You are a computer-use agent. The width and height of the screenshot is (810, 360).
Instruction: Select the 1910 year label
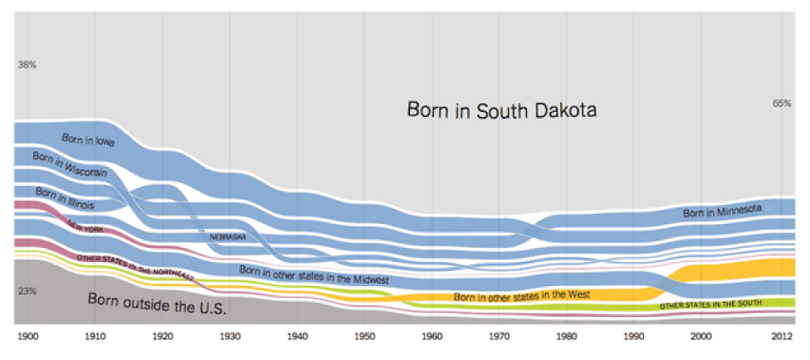(95, 336)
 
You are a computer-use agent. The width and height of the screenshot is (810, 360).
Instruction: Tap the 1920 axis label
(162, 336)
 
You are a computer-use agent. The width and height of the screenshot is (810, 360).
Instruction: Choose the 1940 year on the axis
(297, 336)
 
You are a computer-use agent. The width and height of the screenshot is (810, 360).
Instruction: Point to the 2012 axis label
(783, 336)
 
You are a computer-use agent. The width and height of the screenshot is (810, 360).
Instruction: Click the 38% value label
(27, 66)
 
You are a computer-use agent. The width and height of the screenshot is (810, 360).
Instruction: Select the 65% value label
(782, 104)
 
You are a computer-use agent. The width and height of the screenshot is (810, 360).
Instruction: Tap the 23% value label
(27, 291)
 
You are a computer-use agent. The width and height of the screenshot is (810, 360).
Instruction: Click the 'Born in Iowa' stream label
(88, 141)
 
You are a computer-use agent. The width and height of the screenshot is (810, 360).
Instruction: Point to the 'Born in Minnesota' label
(723, 210)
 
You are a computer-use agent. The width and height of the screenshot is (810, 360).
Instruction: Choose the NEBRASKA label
(227, 237)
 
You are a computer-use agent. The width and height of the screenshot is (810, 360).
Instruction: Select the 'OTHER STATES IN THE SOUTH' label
(710, 304)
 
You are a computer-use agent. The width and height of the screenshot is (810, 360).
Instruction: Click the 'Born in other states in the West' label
(522, 295)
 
